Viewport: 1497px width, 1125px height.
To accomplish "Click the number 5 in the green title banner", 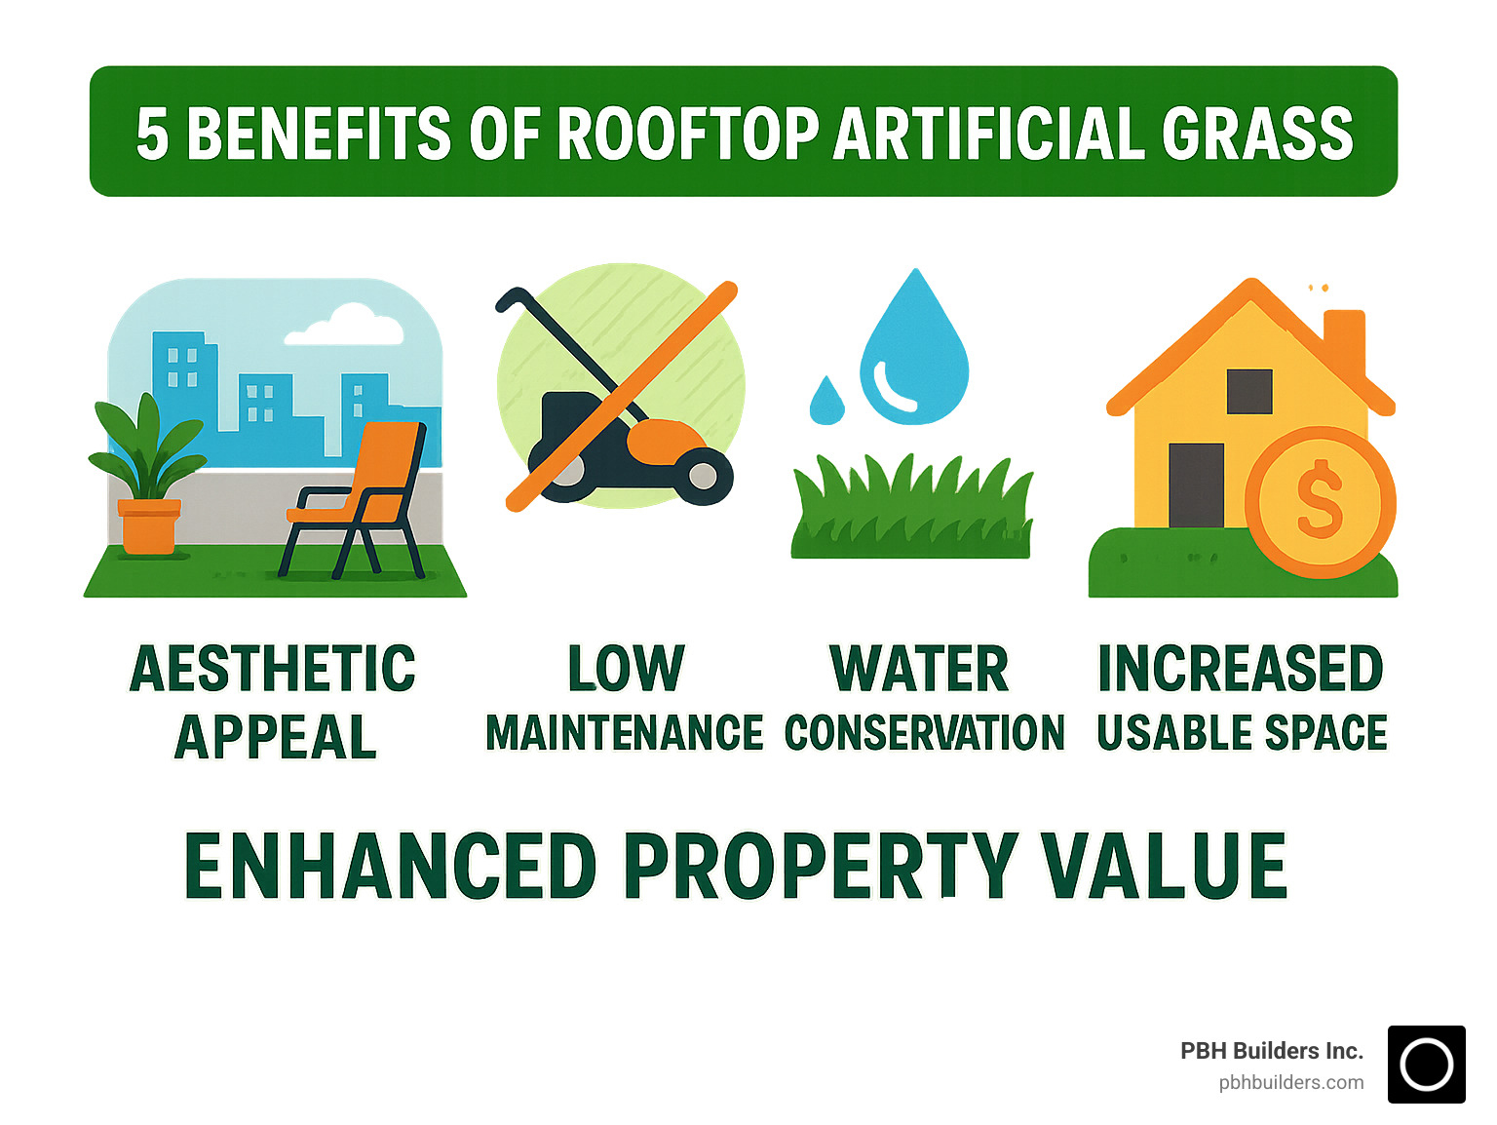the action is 152,134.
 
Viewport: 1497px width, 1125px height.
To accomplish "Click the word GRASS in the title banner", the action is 1257,134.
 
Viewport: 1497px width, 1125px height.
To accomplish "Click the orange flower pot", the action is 149,526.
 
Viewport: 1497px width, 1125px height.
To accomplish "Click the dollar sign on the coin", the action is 1320,499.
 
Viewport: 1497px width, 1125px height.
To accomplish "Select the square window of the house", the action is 1249,392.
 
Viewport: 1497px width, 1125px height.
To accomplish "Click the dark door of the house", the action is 1196,485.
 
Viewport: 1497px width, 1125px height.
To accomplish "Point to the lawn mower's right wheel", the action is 702,476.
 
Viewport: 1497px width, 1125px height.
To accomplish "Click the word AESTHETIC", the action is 273,669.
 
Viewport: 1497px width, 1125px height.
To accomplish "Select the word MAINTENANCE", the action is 624,733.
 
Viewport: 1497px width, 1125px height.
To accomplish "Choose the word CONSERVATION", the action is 924,733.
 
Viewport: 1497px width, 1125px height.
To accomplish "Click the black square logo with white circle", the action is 1426,1065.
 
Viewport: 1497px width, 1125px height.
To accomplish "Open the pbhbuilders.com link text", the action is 1291,1083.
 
